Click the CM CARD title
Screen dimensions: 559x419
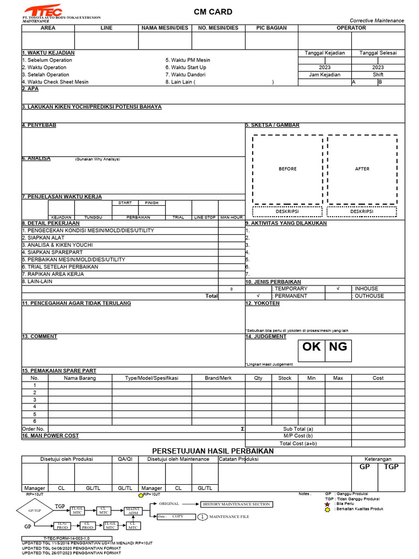[213, 12]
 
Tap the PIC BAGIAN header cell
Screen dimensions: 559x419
[271, 28]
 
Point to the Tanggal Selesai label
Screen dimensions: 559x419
[378, 53]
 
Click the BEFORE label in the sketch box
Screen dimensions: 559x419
[288, 169]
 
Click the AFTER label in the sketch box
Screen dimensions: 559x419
[362, 169]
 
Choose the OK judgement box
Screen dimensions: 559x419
[312, 347]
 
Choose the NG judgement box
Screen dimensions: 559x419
[338, 347]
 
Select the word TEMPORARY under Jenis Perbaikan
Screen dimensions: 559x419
[291, 288]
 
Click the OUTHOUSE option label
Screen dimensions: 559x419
[369, 296]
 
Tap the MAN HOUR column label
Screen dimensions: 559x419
[231, 217]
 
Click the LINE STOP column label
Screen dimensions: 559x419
[205, 217]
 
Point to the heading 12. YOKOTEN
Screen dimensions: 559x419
[262, 303]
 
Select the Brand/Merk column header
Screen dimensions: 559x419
[218, 378]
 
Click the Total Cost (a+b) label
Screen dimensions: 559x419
[298, 443]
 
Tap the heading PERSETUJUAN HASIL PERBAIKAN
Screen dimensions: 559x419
[213, 450]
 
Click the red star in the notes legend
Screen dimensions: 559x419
[327, 504]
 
